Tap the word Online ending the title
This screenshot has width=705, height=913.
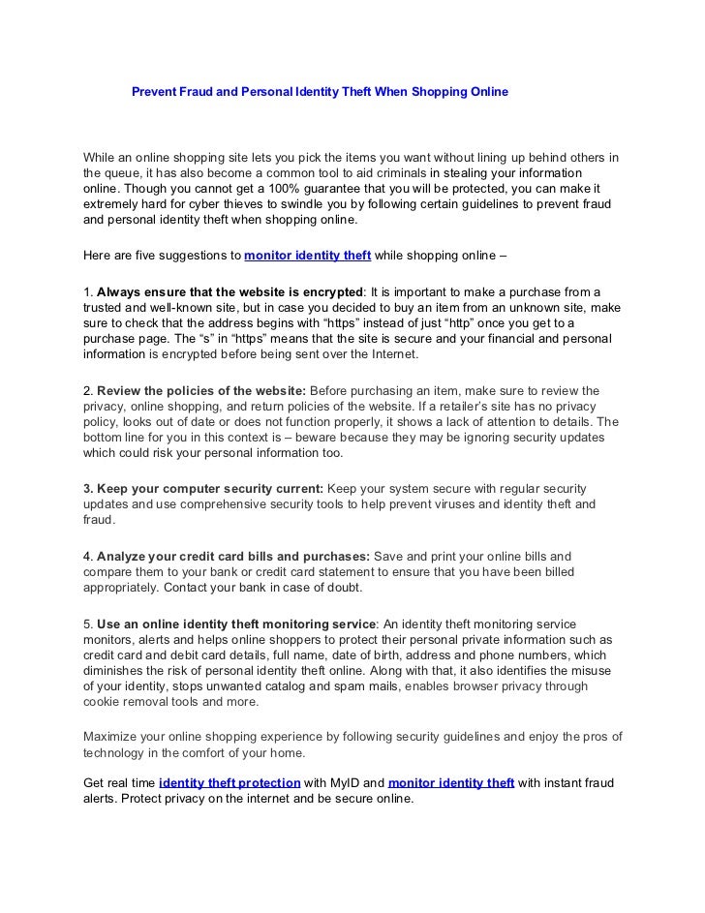(485, 92)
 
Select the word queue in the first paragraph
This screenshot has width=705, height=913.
(125, 174)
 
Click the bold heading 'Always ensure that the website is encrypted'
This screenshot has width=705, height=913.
(229, 291)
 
